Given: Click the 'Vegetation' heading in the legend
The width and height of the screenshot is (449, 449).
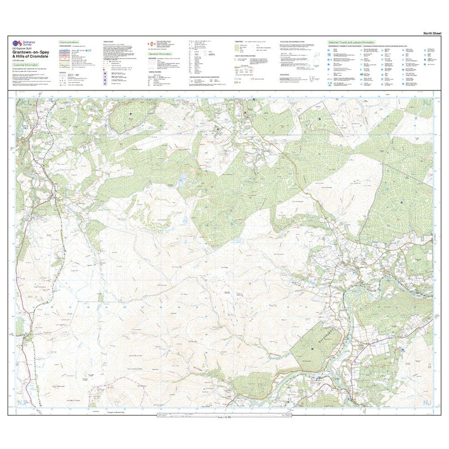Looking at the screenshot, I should (x=239, y=41).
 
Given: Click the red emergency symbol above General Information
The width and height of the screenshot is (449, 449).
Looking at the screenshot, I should (x=151, y=44).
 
